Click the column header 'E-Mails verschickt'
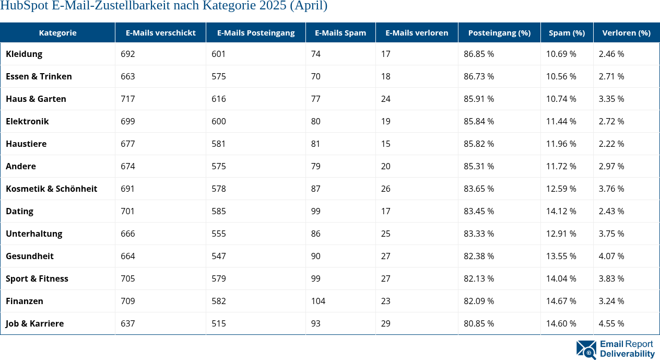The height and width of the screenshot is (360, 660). pos(160,32)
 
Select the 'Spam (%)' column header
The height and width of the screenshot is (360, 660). pos(567,32)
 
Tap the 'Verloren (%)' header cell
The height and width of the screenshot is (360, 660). pos(626,32)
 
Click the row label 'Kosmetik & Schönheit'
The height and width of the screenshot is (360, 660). pos(51,189)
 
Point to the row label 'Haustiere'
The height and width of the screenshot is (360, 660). pos(26,144)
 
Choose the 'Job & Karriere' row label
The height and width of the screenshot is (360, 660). pos(34,323)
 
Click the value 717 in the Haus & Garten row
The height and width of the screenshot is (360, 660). pos(127,99)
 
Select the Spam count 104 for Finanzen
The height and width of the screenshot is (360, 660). pos(318,301)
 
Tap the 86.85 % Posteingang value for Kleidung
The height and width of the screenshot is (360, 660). pos(479,54)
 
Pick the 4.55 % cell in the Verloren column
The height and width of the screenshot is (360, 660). pos(611,323)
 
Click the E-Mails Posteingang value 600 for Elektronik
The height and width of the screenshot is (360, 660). pos(219,121)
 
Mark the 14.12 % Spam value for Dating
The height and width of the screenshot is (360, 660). pos(561,211)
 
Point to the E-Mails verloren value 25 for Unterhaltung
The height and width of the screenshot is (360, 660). pos(385,234)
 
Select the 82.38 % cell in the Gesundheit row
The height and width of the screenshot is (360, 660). pos(479,256)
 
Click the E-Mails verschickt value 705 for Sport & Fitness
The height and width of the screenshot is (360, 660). pos(127,278)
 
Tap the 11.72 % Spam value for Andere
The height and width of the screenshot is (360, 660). pos(561,166)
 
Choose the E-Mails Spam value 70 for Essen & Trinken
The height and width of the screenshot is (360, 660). pos(315,76)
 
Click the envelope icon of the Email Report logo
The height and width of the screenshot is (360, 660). pos(586,350)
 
